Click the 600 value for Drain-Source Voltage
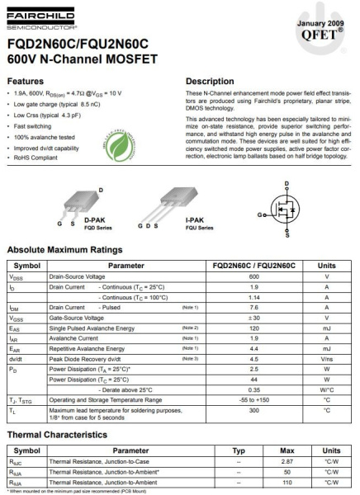pos(254,276)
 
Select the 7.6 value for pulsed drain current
pos(254,307)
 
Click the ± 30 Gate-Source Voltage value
pos(254,318)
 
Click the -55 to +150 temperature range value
pos(254,398)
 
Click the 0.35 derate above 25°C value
pos(254,389)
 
